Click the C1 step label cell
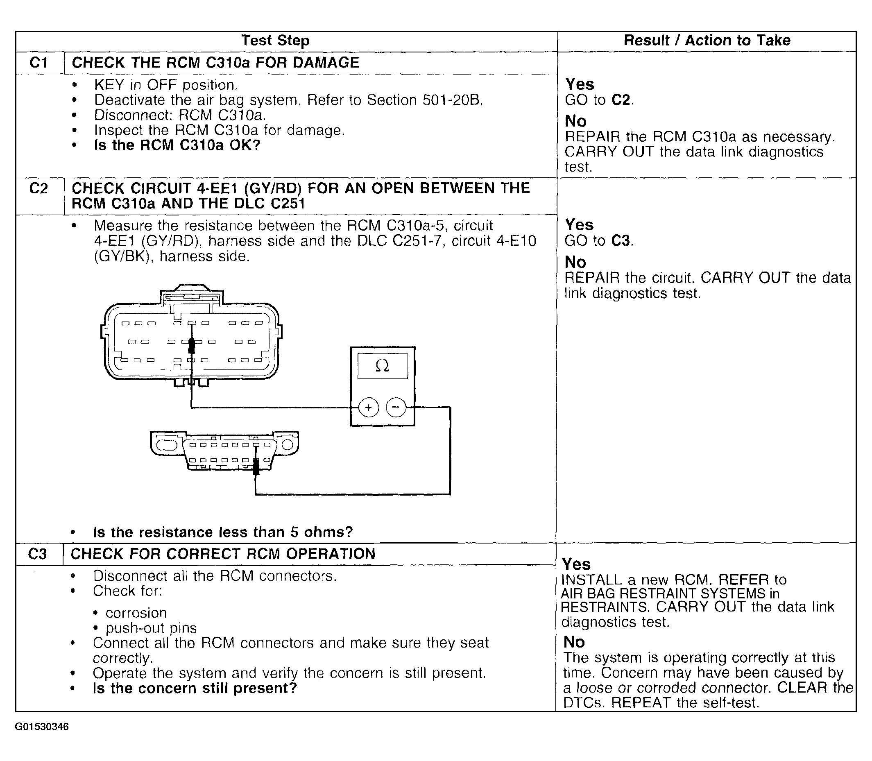pos(39,63)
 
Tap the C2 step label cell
pos(39,188)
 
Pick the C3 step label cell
pos(37,554)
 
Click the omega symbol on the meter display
pos(382,366)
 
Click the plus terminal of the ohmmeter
pos(368,408)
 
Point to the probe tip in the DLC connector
pos(256,466)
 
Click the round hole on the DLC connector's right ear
pos(288,445)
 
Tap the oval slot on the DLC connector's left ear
pos(166,445)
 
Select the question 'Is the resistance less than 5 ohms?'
pos(223,532)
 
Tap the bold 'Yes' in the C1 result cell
pos(579,84)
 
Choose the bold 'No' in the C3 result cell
pos(574,642)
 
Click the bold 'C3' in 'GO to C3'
pos(621,241)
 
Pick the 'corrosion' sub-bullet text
pos(136,613)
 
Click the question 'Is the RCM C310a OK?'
pos(177,145)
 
